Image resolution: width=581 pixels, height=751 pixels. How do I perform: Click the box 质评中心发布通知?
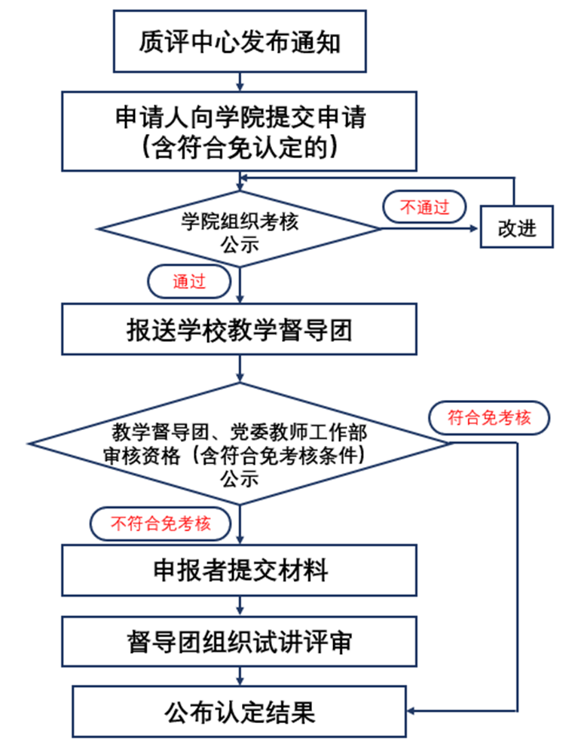click(x=240, y=41)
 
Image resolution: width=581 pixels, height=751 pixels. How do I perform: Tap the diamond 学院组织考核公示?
click(x=240, y=228)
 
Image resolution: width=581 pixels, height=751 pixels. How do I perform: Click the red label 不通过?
click(x=424, y=207)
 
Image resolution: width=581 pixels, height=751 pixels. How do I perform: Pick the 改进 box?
click(x=516, y=227)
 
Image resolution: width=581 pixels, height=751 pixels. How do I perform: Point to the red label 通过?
click(x=188, y=282)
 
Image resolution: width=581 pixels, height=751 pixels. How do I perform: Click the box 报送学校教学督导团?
click(x=240, y=329)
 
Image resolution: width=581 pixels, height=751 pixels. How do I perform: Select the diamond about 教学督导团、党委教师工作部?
click(x=240, y=444)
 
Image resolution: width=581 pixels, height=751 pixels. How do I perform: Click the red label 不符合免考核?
click(x=161, y=524)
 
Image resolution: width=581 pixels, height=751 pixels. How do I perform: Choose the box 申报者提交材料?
click(x=240, y=569)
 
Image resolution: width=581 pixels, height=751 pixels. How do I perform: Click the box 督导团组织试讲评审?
click(x=240, y=642)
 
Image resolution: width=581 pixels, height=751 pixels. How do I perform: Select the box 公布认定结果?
click(x=240, y=711)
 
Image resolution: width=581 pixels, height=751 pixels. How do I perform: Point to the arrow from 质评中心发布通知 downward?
click(x=240, y=81)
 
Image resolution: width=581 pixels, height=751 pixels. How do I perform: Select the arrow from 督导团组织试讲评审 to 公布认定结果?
click(x=240, y=676)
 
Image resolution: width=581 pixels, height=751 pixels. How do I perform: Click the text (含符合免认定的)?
click(x=240, y=147)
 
